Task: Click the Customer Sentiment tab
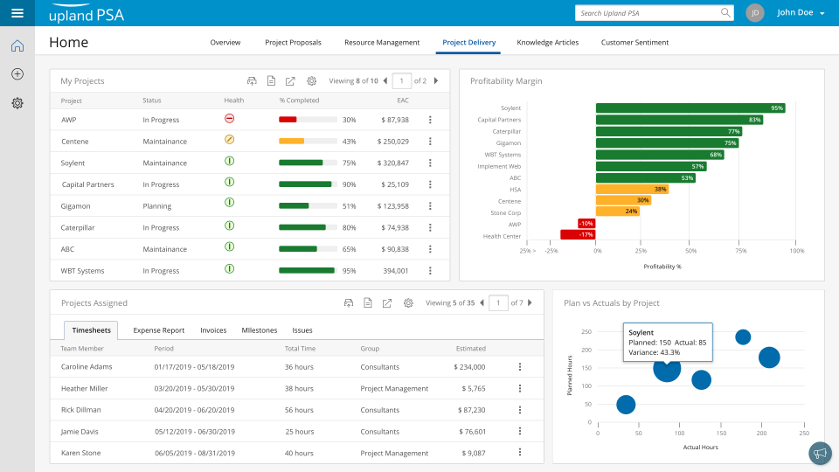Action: click(634, 42)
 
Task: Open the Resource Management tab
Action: click(382, 42)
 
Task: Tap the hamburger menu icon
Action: click(17, 13)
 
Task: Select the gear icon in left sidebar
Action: click(17, 103)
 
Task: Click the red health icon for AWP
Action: click(229, 119)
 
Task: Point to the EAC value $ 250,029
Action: click(392, 141)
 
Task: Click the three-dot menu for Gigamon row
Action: click(430, 205)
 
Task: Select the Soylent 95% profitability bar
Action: click(690, 108)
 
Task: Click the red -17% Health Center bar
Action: click(578, 234)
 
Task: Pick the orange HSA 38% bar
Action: click(632, 189)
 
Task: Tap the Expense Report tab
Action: click(158, 330)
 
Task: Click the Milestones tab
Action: click(259, 330)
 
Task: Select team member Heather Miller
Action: click(85, 388)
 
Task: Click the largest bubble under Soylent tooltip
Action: click(667, 369)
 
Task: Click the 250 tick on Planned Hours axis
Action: click(586, 331)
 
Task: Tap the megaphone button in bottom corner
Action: click(819, 453)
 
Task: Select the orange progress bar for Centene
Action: click(291, 141)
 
